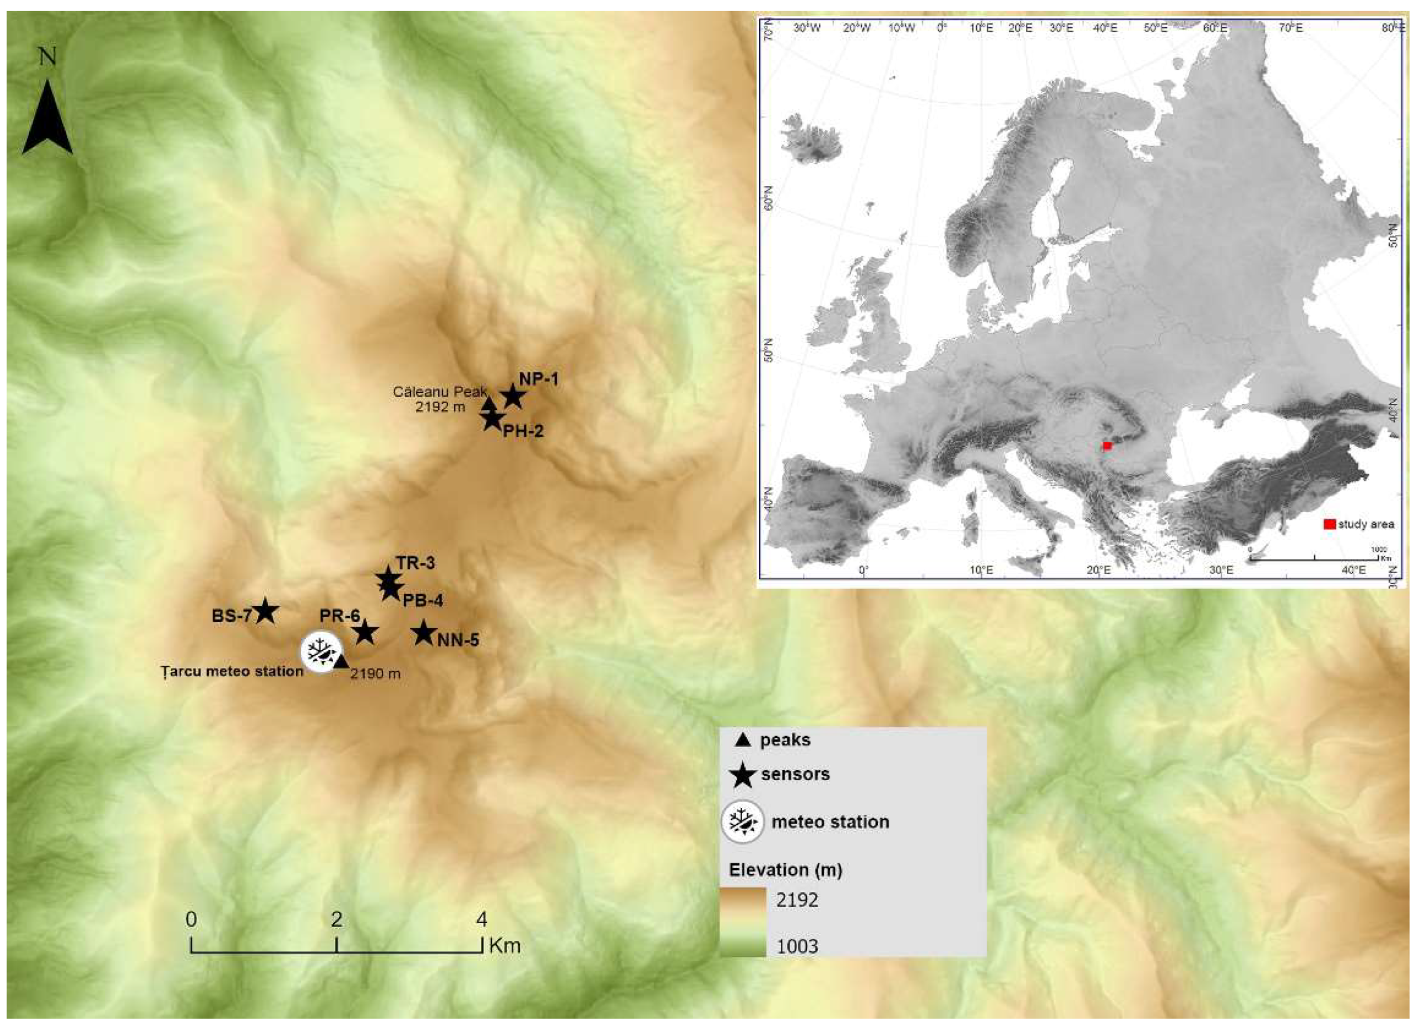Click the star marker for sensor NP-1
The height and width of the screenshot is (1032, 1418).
(513, 397)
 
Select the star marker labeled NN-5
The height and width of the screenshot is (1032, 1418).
(424, 633)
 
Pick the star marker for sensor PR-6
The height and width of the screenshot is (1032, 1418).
(365, 633)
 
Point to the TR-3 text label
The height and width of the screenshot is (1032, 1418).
(415, 563)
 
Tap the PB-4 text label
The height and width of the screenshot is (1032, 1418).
(423, 600)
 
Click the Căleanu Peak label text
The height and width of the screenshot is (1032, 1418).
(440, 392)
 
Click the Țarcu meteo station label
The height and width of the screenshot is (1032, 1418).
(232, 671)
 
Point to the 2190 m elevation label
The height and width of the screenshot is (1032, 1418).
(375, 674)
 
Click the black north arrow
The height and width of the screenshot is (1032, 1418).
(48, 119)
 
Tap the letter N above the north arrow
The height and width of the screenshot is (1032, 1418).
(48, 58)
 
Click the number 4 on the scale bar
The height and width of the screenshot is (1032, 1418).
(481, 919)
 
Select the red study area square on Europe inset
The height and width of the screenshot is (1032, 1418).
(1107, 446)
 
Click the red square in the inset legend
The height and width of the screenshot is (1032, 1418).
(1329, 524)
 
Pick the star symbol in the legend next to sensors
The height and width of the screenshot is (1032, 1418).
(743, 775)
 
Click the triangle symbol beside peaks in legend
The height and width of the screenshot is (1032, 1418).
(743, 741)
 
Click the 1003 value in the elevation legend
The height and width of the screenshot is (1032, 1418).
(797, 946)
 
